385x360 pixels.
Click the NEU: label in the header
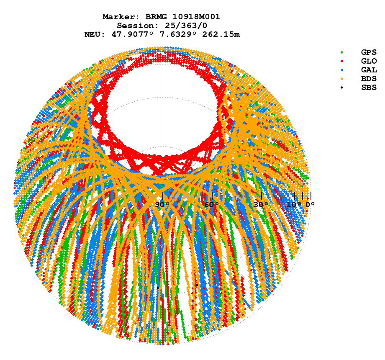pyautogui.click(x=96, y=34)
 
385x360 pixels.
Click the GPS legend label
pyautogui.click(x=369, y=52)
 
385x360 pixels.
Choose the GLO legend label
pyautogui.click(x=369, y=61)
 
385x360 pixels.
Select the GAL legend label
pyautogui.click(x=369, y=70)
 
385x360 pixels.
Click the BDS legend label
pyautogui.click(x=369, y=79)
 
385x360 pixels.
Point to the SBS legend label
pyautogui.click(x=369, y=87)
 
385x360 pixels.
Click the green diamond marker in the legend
pyautogui.click(x=342, y=52)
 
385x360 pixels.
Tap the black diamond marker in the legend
pyautogui.click(x=342, y=87)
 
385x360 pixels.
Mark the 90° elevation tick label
pyautogui.click(x=162, y=205)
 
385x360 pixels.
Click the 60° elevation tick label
pyautogui.click(x=212, y=205)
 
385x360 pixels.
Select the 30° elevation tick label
pyautogui.click(x=261, y=205)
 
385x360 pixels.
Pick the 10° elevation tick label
pyautogui.click(x=294, y=205)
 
